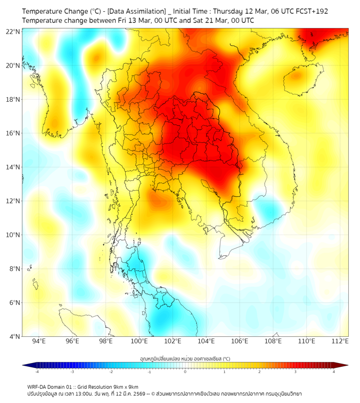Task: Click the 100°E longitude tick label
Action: click(139, 341)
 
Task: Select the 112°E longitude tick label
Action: click(340, 341)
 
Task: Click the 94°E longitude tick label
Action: click(39, 341)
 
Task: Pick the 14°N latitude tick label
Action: click(13, 167)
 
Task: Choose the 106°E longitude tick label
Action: click(240, 341)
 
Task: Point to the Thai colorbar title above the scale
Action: click(185, 358)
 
